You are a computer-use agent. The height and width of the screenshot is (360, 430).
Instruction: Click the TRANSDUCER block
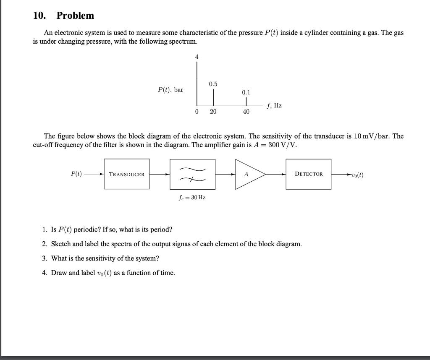pos(127,174)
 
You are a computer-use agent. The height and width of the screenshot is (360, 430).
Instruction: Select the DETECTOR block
pos(309,174)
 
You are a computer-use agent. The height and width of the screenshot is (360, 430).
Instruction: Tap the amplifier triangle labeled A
pos(248,174)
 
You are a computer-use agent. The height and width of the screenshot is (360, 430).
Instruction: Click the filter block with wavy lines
pos(192,174)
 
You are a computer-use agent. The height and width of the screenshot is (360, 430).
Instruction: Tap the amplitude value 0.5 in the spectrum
pos(213,84)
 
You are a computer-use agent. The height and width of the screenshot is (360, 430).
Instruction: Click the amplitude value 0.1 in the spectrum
pos(246,92)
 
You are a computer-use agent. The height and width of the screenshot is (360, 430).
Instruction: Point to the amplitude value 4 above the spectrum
pos(196,56)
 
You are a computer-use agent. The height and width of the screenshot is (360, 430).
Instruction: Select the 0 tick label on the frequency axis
pos(196,112)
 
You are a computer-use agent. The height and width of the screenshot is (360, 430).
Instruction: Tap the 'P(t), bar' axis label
pos(170,90)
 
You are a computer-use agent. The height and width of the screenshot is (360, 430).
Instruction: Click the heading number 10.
pos(39,16)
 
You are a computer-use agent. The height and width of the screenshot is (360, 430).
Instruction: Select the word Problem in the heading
pos(75,16)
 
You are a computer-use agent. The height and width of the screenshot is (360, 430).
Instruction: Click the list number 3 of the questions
pos(45,258)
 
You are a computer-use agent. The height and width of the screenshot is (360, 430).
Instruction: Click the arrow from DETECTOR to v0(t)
pos(341,174)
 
